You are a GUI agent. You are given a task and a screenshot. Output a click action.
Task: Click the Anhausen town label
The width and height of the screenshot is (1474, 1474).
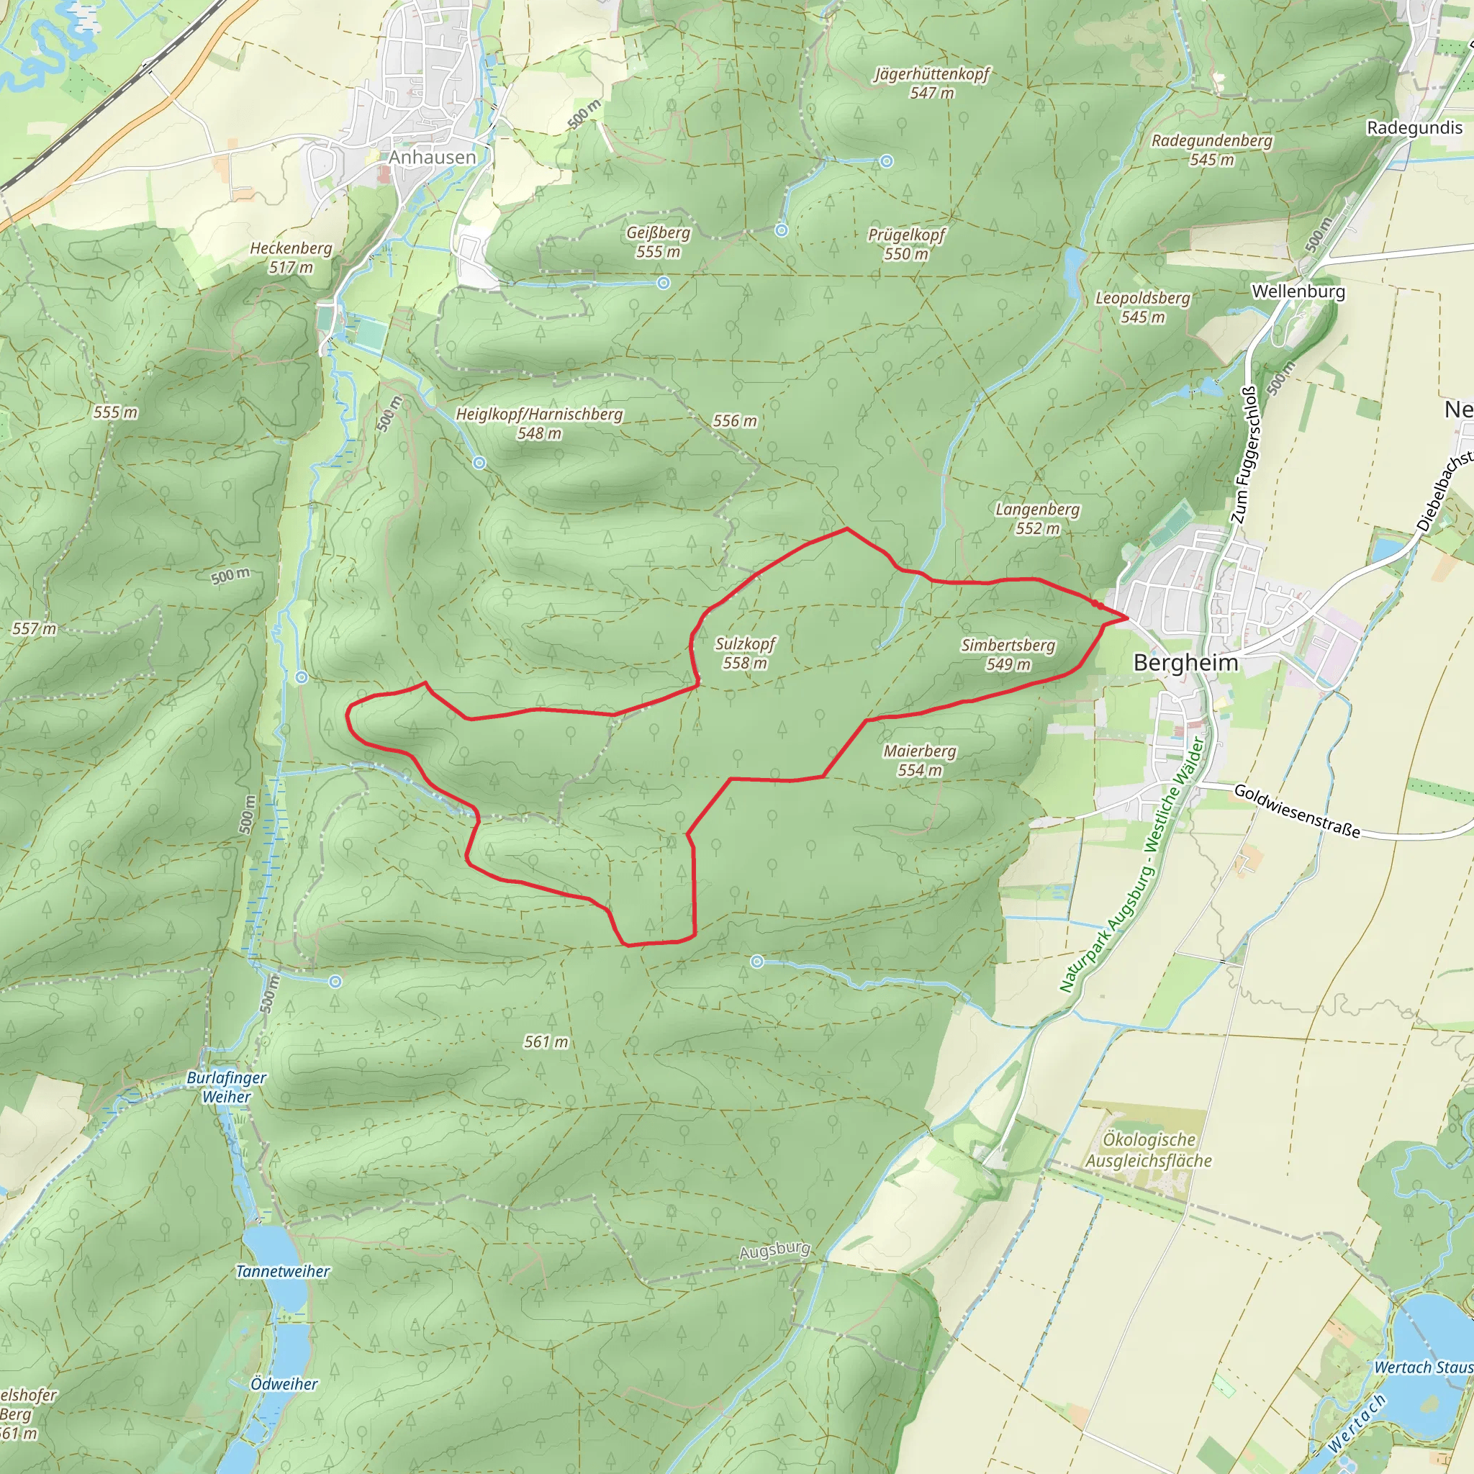tap(432, 157)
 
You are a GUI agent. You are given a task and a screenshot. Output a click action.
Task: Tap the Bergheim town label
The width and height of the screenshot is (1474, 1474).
tap(1185, 662)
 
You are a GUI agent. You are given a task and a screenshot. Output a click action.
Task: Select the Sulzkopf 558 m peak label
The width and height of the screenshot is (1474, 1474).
tap(745, 653)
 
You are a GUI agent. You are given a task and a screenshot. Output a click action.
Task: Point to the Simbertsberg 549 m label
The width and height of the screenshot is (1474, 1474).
tap(1008, 655)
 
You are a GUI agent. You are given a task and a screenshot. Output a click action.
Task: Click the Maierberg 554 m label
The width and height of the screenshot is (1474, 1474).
tap(919, 761)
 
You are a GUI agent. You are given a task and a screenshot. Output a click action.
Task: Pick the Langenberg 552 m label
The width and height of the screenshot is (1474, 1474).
tap(1038, 518)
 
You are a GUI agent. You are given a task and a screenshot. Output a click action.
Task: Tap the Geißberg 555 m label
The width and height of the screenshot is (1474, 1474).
tap(659, 242)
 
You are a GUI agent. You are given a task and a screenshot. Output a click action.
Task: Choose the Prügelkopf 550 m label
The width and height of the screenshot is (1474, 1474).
tap(906, 244)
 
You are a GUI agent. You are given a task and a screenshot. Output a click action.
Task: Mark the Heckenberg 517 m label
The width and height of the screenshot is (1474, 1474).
tap(291, 257)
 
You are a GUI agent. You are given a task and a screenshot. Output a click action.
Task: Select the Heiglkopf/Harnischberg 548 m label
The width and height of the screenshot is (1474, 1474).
tap(538, 423)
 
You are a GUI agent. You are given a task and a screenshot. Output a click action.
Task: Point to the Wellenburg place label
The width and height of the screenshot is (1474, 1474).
tap(1298, 291)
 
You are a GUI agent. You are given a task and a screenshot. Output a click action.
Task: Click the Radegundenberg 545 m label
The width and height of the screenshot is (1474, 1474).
tap(1211, 150)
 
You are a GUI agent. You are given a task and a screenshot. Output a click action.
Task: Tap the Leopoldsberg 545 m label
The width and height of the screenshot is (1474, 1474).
tap(1142, 307)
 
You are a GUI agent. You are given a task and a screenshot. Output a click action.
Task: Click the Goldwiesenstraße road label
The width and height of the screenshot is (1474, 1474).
tap(1297, 810)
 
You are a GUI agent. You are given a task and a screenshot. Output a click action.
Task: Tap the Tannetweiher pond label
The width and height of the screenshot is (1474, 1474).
tap(282, 1271)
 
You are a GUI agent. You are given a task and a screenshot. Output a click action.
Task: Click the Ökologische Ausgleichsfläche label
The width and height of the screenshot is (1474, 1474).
tap(1149, 1149)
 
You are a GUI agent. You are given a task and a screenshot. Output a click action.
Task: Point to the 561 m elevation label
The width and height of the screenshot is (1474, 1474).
tap(546, 1041)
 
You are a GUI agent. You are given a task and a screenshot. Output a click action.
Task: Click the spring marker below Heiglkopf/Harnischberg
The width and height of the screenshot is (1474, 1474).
tap(479, 463)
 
